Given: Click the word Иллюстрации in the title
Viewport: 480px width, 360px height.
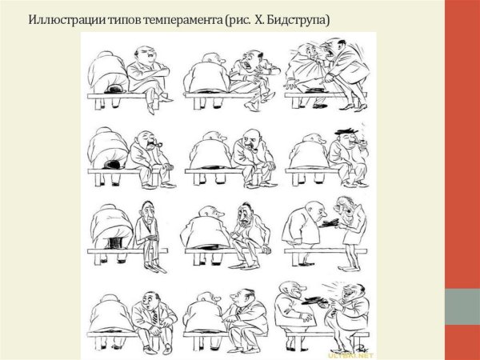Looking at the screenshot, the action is (66, 20).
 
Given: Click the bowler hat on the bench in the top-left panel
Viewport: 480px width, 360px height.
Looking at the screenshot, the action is (114, 89).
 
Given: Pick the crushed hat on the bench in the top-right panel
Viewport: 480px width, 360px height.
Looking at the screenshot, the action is (315, 90).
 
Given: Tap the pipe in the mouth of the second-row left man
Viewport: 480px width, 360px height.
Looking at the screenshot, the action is (158, 144).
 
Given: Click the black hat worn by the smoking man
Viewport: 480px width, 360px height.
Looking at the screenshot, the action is (346, 132).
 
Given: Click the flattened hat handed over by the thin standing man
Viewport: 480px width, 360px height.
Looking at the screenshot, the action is (329, 223).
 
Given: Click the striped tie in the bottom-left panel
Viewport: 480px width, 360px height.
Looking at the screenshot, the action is (154, 317).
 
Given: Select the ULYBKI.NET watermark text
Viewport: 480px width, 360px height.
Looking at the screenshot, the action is (350, 356).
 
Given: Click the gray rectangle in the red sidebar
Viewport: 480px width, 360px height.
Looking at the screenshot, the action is (462, 306).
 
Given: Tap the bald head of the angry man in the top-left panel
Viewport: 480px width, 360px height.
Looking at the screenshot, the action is (144, 50).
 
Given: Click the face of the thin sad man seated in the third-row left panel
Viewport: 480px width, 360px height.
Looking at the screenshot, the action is (147, 214).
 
